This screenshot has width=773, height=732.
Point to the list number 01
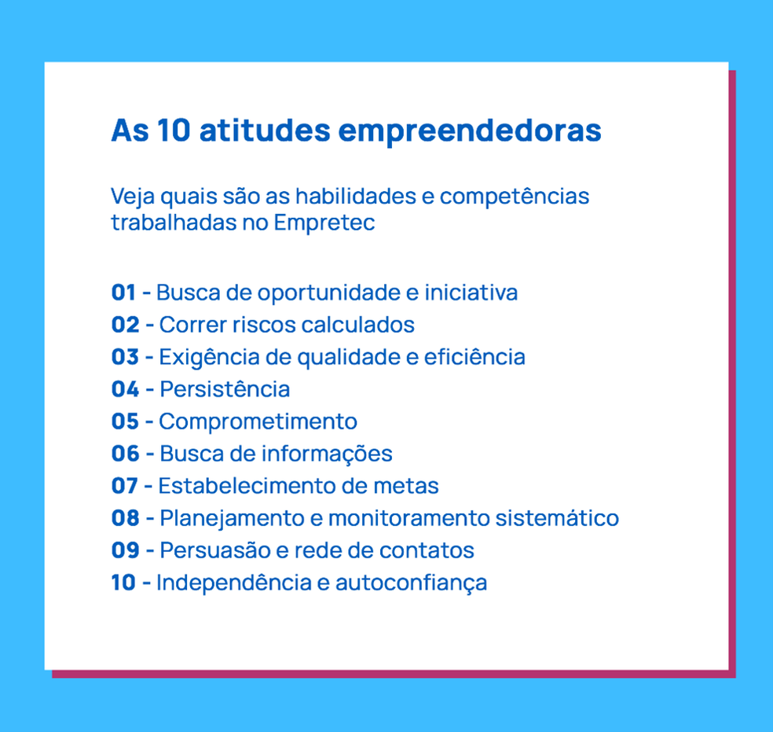[x=123, y=292]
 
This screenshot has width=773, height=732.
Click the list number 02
[x=125, y=325]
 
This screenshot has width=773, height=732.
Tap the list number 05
[x=125, y=421]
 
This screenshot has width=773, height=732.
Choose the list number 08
[x=125, y=518]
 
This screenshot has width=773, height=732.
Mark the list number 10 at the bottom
[x=123, y=583]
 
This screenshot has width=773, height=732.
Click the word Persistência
[x=225, y=389]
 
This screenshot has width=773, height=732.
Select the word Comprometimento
[x=258, y=421]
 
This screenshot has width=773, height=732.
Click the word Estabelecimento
[x=247, y=486]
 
